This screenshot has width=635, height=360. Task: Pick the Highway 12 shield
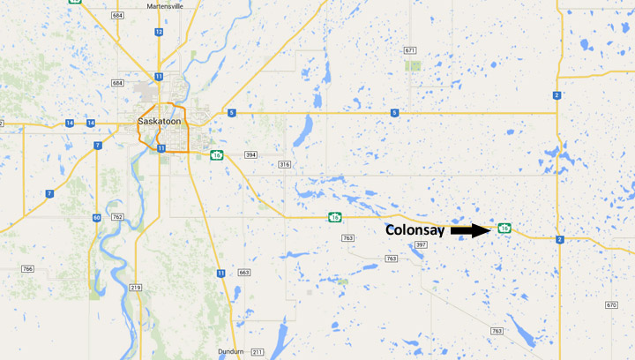click(159, 32)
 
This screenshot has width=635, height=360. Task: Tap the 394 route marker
click(250, 155)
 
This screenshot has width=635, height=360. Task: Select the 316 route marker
click(284, 165)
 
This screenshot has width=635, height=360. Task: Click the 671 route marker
click(410, 50)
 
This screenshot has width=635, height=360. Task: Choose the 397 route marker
click(421, 244)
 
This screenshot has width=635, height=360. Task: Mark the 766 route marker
click(27, 268)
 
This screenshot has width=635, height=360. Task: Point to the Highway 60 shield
click(95, 217)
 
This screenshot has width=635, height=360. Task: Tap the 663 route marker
click(244, 273)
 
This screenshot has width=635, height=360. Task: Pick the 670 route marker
click(611, 304)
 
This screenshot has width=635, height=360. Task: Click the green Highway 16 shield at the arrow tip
click(504, 229)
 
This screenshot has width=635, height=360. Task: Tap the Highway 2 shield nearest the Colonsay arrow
click(559, 239)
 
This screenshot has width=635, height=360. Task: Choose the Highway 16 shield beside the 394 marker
click(216, 155)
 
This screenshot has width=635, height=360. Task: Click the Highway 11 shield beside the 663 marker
click(220, 273)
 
